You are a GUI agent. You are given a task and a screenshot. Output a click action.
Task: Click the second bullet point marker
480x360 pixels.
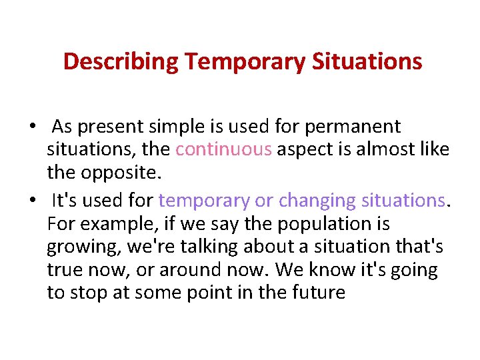pyautogui.click(x=32, y=201)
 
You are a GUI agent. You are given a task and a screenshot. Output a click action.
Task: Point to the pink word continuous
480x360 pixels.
pyautogui.click(x=223, y=150)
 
